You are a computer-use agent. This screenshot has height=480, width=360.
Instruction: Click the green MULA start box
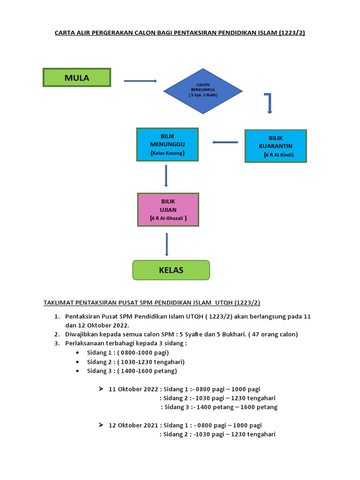pos(77,77)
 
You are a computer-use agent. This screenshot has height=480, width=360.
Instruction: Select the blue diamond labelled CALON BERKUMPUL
pos(203,91)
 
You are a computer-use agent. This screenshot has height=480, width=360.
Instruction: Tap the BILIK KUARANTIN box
pos(276,146)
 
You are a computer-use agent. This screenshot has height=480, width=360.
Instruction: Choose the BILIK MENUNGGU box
pos(167,144)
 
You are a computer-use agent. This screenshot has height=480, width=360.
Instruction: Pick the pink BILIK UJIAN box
pos(168,210)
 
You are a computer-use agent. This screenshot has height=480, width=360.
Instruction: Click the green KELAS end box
pos(171,270)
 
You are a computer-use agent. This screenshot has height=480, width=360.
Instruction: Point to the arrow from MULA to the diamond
pos(140,81)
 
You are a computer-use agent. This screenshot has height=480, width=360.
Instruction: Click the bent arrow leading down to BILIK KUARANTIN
pos(269,103)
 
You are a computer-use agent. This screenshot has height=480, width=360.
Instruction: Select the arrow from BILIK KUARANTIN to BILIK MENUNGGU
pos(225,142)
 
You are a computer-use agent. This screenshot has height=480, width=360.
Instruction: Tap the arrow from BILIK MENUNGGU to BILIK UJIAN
pos(166,176)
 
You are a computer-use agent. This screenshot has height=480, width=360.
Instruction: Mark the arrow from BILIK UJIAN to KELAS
pos(166,244)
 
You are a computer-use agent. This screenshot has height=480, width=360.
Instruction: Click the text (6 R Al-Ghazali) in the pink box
pos(168,218)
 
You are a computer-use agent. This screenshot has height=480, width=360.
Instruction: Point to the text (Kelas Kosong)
pos(167,153)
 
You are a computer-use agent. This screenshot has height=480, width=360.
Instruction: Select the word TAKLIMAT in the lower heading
pos(59,303)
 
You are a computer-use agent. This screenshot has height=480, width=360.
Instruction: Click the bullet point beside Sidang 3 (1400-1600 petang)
pos(77,371)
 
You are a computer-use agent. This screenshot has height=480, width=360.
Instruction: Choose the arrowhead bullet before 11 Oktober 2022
pos(101,389)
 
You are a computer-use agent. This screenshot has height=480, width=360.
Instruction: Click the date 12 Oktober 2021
pos(133,425)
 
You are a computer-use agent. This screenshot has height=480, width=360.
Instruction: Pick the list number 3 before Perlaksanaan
pos(57,343)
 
